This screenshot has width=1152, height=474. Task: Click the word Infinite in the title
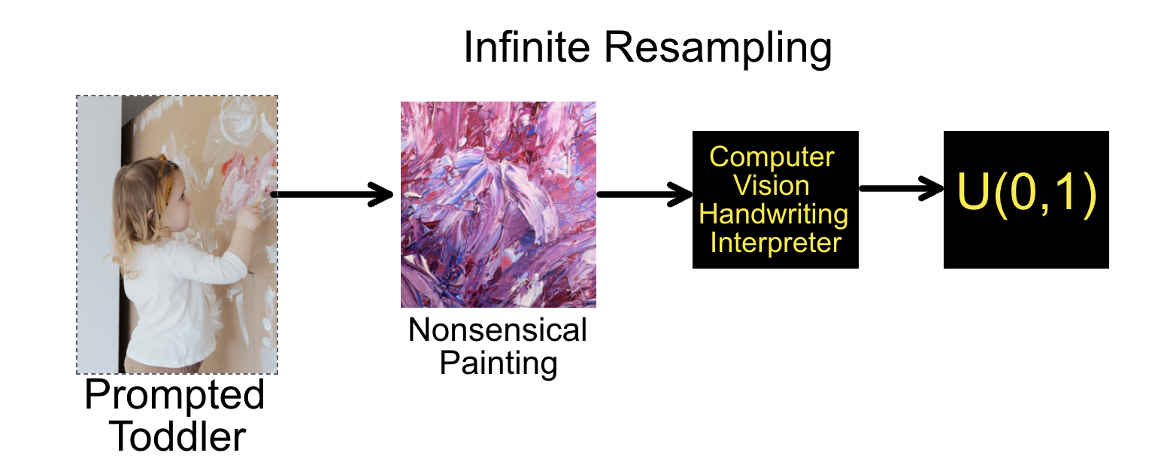[526, 47]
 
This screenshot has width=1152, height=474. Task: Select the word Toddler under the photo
[177, 436]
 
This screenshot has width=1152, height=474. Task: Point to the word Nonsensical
[497, 330]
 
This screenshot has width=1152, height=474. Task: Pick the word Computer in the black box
[772, 156]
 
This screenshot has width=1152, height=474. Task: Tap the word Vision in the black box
[772, 185]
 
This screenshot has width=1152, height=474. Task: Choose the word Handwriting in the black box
[774, 214]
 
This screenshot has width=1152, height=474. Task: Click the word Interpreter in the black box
[775, 243]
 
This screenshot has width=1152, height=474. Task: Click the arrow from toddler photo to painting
[332, 195]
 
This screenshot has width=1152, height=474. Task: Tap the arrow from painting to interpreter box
[644, 195]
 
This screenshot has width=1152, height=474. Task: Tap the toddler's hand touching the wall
[250, 216]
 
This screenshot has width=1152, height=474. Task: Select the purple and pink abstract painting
[499, 205]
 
